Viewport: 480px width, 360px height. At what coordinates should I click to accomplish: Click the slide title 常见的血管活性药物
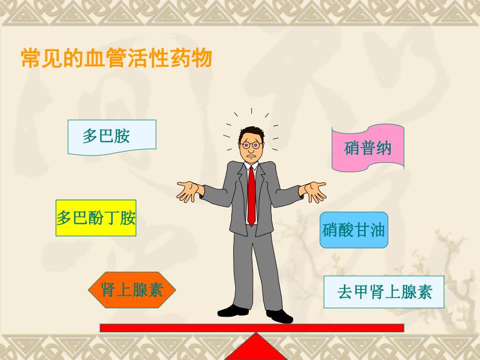[116, 58]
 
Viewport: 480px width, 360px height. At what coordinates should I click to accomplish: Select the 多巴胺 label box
[112, 137]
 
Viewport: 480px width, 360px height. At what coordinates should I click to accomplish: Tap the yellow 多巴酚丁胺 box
[96, 218]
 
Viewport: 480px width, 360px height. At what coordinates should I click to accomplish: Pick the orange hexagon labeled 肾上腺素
[132, 290]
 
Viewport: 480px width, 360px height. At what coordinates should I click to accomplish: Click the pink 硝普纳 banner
[367, 148]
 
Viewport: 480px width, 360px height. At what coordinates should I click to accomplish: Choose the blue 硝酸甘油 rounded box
[354, 230]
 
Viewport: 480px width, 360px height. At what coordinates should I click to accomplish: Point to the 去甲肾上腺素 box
[383, 292]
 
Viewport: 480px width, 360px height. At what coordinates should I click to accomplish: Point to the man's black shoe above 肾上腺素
[233, 310]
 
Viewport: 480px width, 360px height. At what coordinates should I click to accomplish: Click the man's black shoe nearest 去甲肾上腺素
[279, 315]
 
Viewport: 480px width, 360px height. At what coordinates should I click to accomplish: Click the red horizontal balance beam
[251, 328]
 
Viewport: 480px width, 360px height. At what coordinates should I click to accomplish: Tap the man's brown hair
[252, 131]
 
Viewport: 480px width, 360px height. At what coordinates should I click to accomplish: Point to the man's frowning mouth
[251, 157]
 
